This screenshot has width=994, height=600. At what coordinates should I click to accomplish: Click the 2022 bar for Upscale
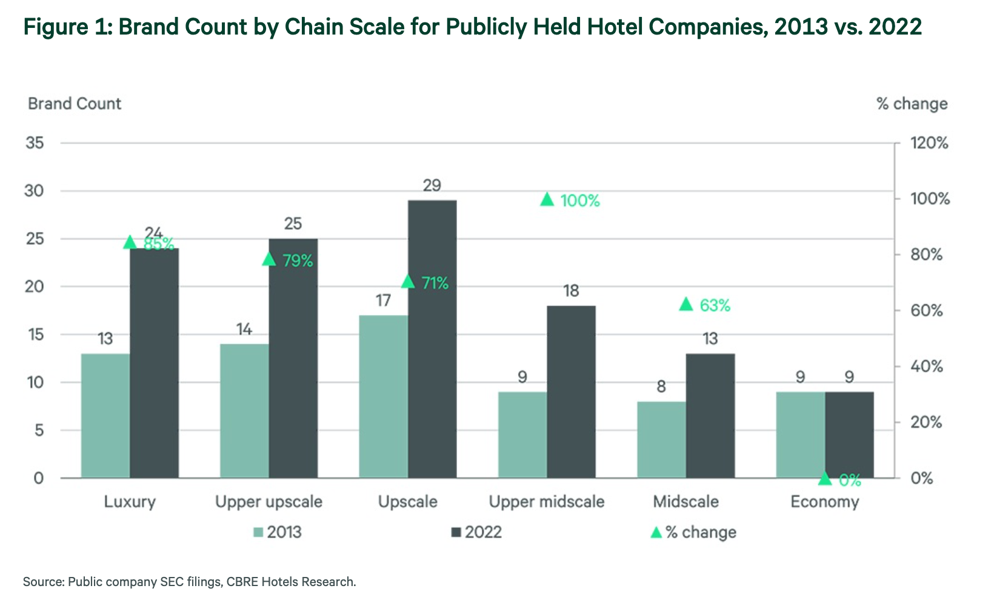click(432, 339)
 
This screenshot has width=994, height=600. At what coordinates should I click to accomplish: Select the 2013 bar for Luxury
click(105, 416)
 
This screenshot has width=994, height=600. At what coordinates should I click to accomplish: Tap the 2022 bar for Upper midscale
click(571, 392)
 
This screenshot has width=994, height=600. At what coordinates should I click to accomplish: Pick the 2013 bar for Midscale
click(661, 439)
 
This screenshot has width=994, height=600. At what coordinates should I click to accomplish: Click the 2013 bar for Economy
click(800, 435)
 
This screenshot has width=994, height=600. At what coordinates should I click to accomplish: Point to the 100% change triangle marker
click(547, 199)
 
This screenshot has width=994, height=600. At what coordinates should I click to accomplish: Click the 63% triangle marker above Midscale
click(686, 304)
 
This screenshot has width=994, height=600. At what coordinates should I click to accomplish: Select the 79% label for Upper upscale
click(298, 261)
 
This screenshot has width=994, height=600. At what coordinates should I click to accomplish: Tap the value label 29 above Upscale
click(432, 185)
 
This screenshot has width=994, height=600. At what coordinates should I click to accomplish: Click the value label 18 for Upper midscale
click(571, 291)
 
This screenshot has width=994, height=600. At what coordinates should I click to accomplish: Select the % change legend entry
click(693, 532)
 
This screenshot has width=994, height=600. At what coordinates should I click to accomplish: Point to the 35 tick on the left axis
click(35, 143)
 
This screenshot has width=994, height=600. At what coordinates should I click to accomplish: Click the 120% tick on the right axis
click(929, 144)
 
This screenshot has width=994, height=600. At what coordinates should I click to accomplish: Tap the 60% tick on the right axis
click(927, 310)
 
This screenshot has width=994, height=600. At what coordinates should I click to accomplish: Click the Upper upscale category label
click(269, 502)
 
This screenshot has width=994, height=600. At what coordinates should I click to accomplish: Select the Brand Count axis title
click(75, 104)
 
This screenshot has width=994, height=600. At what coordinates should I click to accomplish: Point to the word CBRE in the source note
click(243, 582)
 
